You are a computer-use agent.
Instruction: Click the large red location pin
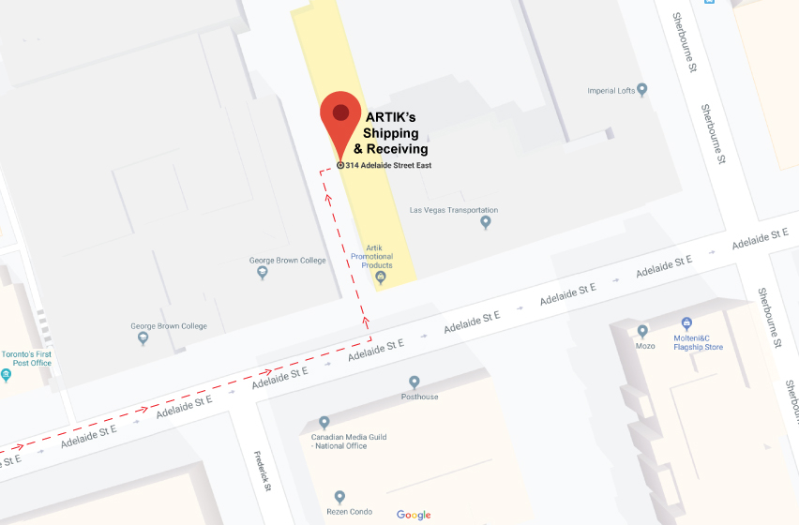[340, 117]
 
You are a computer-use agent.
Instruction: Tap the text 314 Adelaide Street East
[388, 165]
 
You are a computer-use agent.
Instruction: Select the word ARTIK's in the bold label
[390, 116]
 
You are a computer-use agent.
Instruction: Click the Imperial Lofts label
[611, 91]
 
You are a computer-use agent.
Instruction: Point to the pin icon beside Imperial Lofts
[642, 90]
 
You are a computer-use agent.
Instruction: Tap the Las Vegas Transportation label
[454, 210]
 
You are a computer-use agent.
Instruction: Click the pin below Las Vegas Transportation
[486, 222]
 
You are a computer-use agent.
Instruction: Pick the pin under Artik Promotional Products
[380, 277]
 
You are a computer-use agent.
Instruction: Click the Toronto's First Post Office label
[27, 358]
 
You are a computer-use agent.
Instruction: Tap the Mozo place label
[644, 346]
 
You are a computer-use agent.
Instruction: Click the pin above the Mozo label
[642, 331]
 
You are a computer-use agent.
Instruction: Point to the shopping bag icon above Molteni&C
[686, 322]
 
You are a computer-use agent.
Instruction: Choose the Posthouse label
[419, 397]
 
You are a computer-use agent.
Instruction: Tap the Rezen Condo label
[348, 511]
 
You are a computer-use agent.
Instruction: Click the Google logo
[414, 515]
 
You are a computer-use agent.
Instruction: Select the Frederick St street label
[263, 472]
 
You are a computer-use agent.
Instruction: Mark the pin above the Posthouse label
[414, 382]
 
